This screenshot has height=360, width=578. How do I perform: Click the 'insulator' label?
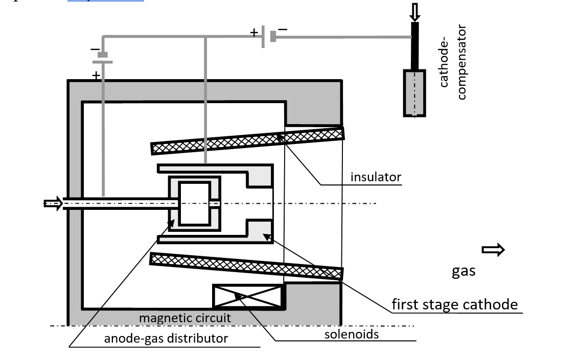tap(376, 177)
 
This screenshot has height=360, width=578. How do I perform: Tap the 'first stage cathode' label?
tap(454, 305)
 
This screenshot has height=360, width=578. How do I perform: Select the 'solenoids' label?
tap(352, 334)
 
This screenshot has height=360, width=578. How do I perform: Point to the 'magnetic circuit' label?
tap(185, 318)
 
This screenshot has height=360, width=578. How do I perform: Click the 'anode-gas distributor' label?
tap(166, 338)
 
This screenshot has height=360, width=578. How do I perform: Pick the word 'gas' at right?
tap(464, 271)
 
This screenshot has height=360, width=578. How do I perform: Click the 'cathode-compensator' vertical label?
tap(453, 63)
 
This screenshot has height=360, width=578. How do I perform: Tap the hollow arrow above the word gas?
tap(493, 250)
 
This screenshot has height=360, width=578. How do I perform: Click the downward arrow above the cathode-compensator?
tap(414, 11)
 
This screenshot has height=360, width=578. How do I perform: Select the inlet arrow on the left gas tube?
tap(53, 204)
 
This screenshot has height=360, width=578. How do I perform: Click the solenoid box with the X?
tap(248, 297)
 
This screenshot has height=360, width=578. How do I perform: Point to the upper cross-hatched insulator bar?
tap(247, 141)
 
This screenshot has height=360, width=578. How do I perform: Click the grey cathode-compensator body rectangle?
tap(414, 92)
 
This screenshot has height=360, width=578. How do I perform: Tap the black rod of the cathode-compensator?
tap(415, 45)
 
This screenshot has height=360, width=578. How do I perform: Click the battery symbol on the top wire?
tap(268, 37)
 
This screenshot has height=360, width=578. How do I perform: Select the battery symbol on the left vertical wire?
tap(102, 58)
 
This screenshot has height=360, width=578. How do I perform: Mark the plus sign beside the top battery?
tap(254, 33)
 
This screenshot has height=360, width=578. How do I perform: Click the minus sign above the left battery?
tap(95, 50)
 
